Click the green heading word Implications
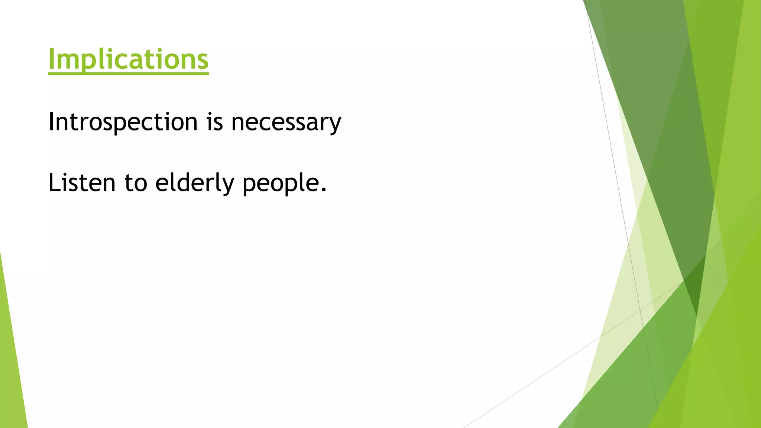click(x=128, y=59)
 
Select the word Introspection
click(x=123, y=122)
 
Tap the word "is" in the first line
click(x=215, y=122)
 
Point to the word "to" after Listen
click(x=136, y=183)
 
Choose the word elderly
click(x=195, y=183)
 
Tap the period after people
click(x=324, y=191)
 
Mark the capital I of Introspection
click(x=51, y=121)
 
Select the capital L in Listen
click(x=54, y=183)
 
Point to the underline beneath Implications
click(x=128, y=73)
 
